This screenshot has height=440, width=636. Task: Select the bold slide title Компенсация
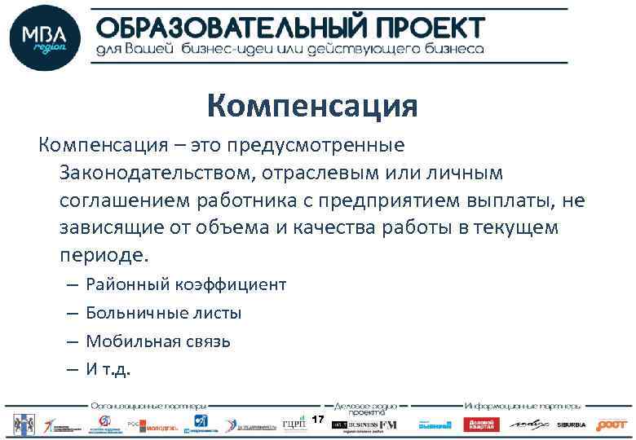[x=312, y=106]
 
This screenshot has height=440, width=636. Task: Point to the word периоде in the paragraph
[x=103, y=253]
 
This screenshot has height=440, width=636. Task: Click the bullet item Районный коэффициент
[x=186, y=284]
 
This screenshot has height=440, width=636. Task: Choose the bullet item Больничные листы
[x=163, y=313]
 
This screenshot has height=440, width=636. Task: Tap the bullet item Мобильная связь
[x=157, y=341]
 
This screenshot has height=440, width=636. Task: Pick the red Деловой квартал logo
[x=480, y=425]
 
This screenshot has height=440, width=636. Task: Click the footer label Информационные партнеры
[x=523, y=405]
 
